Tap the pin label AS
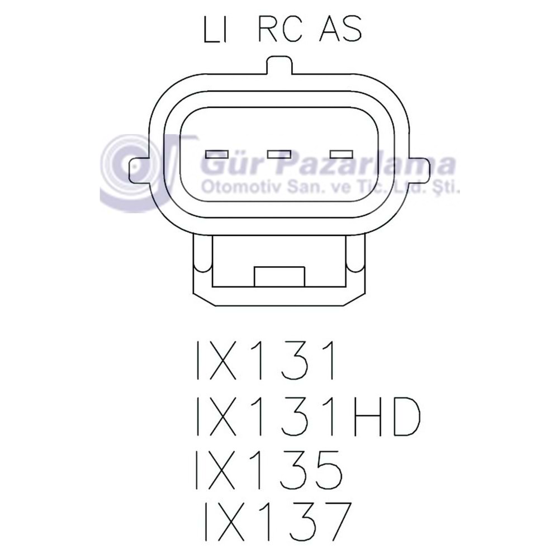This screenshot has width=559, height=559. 339,31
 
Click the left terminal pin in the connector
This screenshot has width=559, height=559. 217,154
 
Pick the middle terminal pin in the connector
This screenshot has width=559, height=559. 279,154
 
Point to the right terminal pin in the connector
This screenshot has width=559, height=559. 342,154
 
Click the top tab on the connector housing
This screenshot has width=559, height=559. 279,65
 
